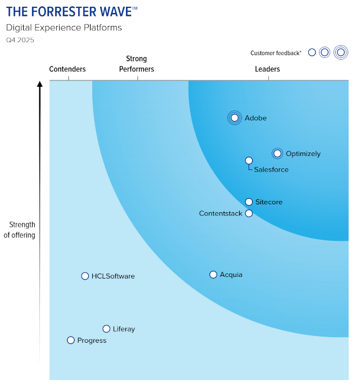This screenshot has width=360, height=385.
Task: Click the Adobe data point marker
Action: [235, 118]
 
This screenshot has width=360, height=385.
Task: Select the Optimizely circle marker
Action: [277, 154]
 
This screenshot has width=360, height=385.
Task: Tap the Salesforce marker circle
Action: [249, 160]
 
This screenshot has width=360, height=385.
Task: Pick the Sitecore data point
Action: [249, 202]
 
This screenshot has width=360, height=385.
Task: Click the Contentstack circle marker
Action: [249, 213]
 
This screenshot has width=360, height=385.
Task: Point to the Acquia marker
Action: [213, 275]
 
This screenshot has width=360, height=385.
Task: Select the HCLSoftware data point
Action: [85, 276]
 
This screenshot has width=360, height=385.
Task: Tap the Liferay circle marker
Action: [106, 329]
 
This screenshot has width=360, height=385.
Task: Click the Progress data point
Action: [71, 341]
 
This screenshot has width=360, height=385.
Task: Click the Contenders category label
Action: [67, 69]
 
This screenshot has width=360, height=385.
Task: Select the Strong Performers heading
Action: [137, 64]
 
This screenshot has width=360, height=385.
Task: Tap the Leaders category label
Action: [267, 69]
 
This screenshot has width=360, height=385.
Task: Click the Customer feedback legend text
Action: [276, 53]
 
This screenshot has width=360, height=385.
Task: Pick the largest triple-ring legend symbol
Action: [341, 52]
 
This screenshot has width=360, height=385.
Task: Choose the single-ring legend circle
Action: [312, 52]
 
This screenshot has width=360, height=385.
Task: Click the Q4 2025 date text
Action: [20, 40]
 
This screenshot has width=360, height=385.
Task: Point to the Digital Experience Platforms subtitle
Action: [64, 28]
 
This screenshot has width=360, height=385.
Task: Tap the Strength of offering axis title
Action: [19, 230]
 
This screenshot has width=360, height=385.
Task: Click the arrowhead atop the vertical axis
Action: [40, 84]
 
